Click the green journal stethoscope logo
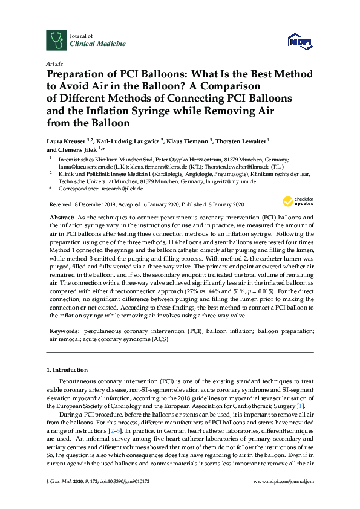pyautogui.click(x=56, y=40)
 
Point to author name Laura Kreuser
pyautogui.click(x=67, y=140)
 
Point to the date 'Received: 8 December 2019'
pyautogui.click(x=82, y=204)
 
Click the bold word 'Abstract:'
pyautogui.click(x=61, y=216)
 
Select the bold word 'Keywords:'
pyautogui.click(x=64, y=332)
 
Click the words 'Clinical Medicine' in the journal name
pyautogui.click(x=90, y=44)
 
